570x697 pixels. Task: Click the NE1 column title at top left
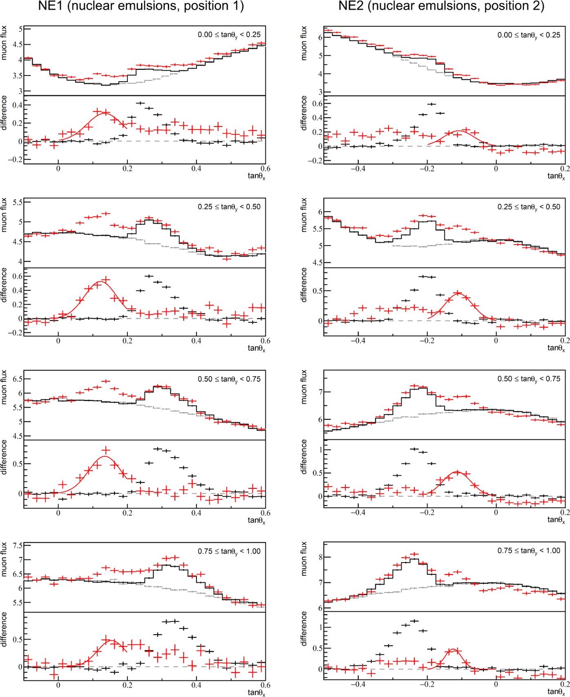(141, 6)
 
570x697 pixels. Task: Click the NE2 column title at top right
(441, 6)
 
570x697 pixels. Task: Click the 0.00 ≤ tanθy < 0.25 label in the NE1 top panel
(229, 35)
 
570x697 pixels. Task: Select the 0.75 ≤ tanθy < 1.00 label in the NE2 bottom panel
(529, 551)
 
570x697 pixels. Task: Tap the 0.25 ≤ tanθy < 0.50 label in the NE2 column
(529, 207)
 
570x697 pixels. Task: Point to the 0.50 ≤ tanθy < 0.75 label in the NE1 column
(229, 379)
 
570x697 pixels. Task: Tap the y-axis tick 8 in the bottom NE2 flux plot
(320, 557)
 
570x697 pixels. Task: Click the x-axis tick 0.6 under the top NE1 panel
(265, 169)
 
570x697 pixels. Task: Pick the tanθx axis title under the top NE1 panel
(256, 176)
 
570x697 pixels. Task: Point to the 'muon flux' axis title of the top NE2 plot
(304, 43)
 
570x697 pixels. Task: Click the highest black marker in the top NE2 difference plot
(431, 104)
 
